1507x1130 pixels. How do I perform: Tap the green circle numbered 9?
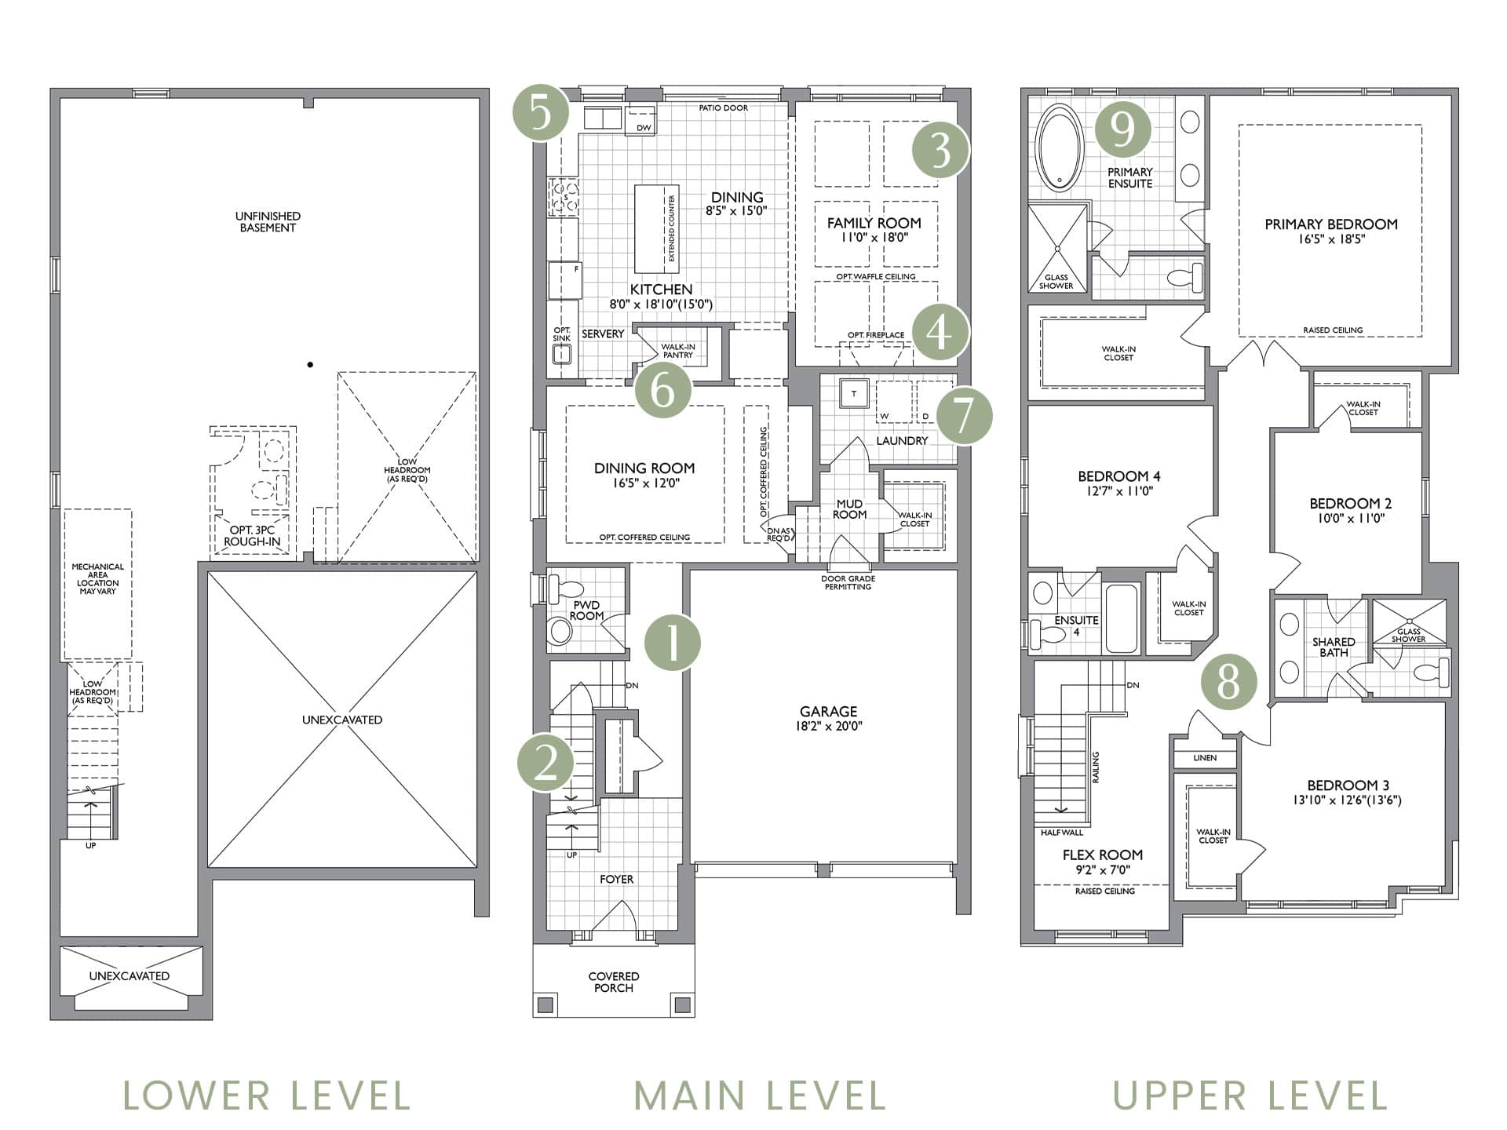pos(1123,129)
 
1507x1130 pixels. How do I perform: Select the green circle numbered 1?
pos(673,643)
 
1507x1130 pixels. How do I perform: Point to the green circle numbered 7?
pos(963,416)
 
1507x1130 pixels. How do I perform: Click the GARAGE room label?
pos(828,711)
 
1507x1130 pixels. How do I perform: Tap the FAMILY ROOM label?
pos(874,223)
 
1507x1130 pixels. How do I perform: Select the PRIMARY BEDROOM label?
pos(1331,224)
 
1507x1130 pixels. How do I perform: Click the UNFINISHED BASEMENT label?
pos(268,222)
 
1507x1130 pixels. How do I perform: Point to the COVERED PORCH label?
pos(614,982)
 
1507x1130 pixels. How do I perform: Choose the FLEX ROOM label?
pos(1102,855)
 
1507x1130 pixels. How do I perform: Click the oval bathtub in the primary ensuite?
pos(1060,148)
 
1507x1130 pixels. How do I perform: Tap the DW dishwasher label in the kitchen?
pos(644,128)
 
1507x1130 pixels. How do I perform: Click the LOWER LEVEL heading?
pos(267,1095)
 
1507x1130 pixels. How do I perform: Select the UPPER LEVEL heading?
pos(1250,1095)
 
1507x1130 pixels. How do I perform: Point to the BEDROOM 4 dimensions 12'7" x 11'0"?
pos(1119,491)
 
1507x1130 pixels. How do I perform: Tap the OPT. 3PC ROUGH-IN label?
pos(252,535)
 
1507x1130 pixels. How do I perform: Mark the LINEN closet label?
pos(1205,758)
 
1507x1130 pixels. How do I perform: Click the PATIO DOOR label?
pos(724,108)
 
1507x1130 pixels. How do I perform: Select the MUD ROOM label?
pos(849,508)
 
